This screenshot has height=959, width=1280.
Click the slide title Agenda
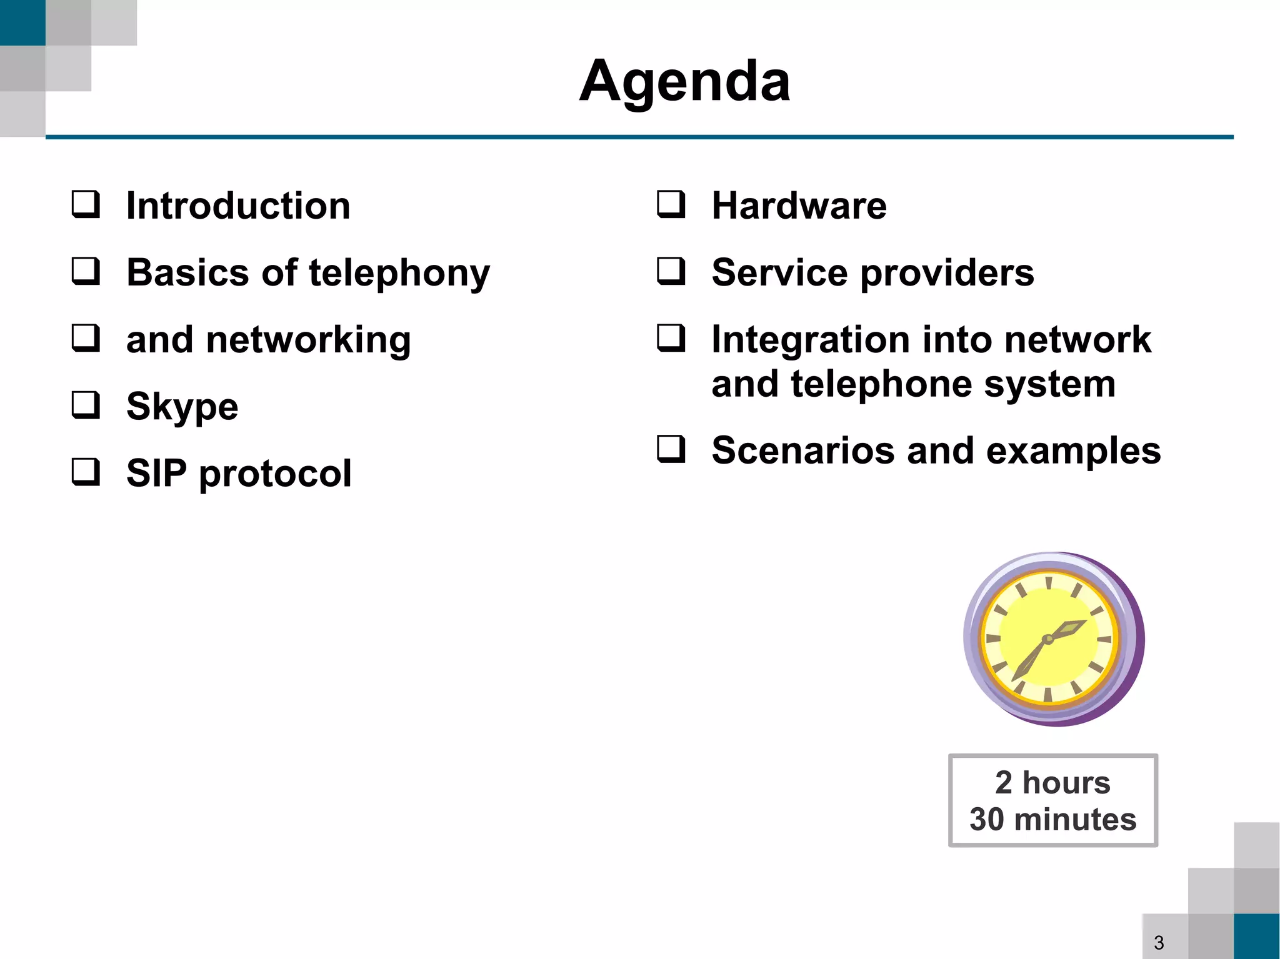coord(685,81)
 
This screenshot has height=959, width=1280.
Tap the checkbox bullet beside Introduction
coord(86,204)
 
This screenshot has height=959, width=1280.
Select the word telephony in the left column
coord(399,274)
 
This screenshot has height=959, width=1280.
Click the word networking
coord(308,340)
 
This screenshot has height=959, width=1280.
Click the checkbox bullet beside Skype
coord(86,405)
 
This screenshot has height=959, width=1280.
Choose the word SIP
coord(156,473)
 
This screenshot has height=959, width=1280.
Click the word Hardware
coord(799,206)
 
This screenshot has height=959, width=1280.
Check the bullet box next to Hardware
coord(671,204)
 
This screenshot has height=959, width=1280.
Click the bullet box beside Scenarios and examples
coord(671,449)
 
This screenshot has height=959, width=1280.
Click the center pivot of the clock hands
coord(1048,639)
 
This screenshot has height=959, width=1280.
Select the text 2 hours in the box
coord(1052,782)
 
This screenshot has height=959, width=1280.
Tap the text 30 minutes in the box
coord(1052,819)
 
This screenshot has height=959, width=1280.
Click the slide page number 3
coord(1159,942)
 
